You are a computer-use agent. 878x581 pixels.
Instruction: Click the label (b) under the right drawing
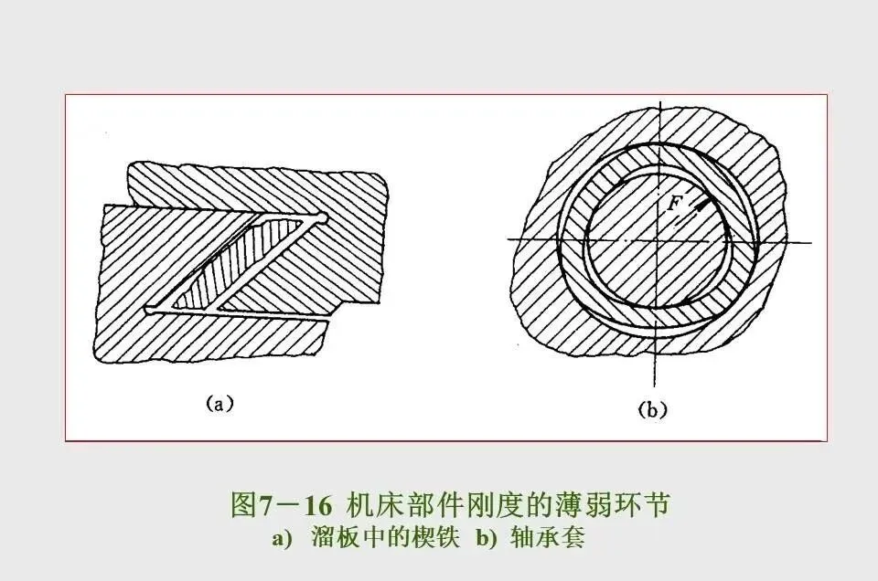click(x=652, y=409)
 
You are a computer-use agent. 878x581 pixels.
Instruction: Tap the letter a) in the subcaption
click(x=282, y=538)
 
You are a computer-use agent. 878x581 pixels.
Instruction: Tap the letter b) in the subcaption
click(x=485, y=538)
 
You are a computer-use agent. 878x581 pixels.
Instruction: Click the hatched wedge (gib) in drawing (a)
click(x=240, y=265)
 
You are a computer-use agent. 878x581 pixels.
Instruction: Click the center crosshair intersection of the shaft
click(x=656, y=240)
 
